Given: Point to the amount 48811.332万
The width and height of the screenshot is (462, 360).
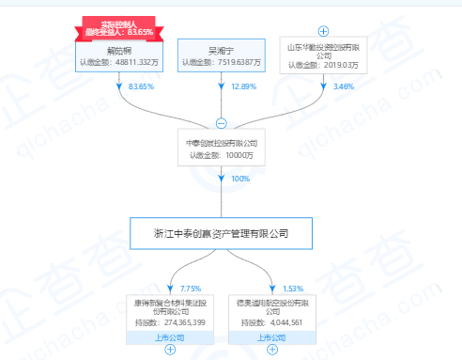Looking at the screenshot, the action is pos(135,64).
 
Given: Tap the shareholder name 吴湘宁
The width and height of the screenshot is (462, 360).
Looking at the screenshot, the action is pos(223,51).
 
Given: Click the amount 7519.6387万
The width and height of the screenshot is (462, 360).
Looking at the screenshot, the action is pos(236,64).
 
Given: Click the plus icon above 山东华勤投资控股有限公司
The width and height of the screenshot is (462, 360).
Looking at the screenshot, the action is pos(323,31).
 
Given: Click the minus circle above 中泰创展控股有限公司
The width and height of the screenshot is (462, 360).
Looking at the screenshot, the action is pos(222,123).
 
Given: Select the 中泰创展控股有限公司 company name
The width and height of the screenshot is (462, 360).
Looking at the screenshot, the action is pos(222,145).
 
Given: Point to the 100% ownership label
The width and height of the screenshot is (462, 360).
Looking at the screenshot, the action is pos(240,179).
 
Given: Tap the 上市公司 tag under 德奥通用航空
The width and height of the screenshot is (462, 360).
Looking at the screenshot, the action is pos(271,336).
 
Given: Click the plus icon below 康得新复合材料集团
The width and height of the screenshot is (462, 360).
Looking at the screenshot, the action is pos(170,350).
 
